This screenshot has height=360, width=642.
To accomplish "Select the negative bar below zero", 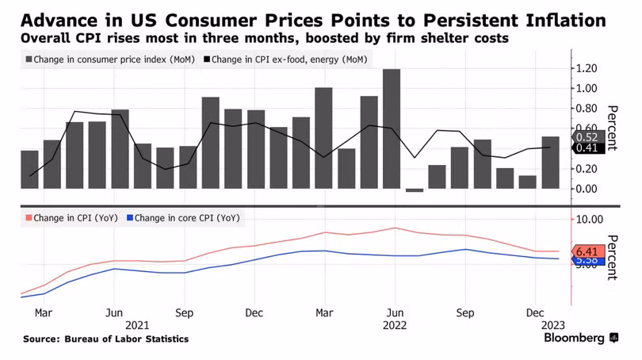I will [414, 190].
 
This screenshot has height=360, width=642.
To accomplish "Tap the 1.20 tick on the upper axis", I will [591, 69].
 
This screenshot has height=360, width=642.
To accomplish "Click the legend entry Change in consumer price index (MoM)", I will [110, 59].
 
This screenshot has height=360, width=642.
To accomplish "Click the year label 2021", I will [137, 325].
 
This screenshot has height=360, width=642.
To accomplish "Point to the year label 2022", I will [394, 325].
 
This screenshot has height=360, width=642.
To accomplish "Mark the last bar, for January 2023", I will [549, 163].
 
